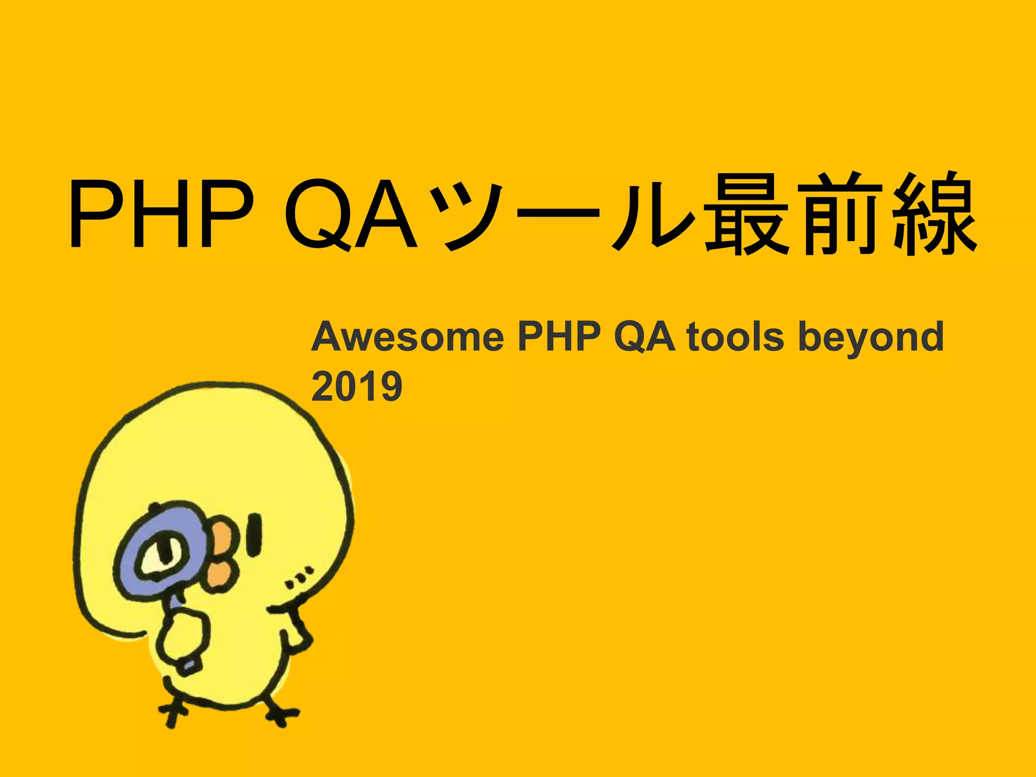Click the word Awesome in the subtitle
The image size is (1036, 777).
408,337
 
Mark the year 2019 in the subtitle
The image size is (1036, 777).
357,386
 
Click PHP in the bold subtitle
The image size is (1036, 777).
559,337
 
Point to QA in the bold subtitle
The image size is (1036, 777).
644,337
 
